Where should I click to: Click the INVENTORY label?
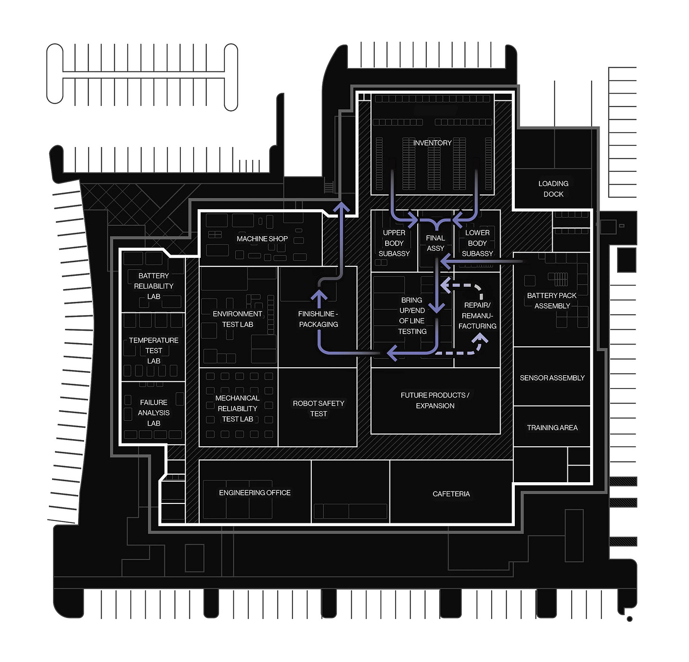(432, 143)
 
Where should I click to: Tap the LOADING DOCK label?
(553, 189)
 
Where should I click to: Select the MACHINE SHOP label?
(262, 239)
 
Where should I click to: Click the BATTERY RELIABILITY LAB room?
(153, 286)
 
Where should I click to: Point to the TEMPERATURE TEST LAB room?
(153, 350)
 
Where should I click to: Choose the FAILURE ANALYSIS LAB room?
(153, 413)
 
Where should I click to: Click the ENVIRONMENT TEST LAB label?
(237, 319)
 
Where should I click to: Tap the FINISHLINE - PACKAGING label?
(318, 319)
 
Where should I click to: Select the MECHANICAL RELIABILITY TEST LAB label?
(237, 408)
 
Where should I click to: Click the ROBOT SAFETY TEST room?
(318, 408)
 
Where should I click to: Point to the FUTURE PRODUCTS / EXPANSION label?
(435, 400)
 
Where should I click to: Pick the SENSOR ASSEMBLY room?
(552, 378)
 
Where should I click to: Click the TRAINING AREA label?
(552, 428)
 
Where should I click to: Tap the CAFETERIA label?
(451, 494)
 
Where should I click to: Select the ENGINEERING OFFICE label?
(255, 493)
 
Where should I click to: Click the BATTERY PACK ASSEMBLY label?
(552, 300)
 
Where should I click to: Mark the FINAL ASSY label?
(435, 243)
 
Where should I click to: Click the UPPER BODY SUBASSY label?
(394, 243)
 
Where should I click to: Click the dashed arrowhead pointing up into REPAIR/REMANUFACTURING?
(481, 338)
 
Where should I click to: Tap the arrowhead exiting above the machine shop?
(341, 207)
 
